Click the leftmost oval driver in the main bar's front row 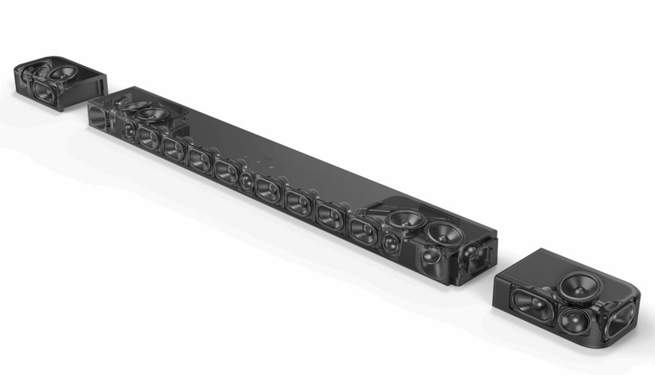coord(148,136)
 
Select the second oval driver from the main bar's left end coord(173,146)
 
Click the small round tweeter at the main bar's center coord(246,179)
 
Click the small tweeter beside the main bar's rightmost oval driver coord(391,243)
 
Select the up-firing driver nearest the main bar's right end coord(443,233)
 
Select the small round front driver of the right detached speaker coord(572,322)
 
